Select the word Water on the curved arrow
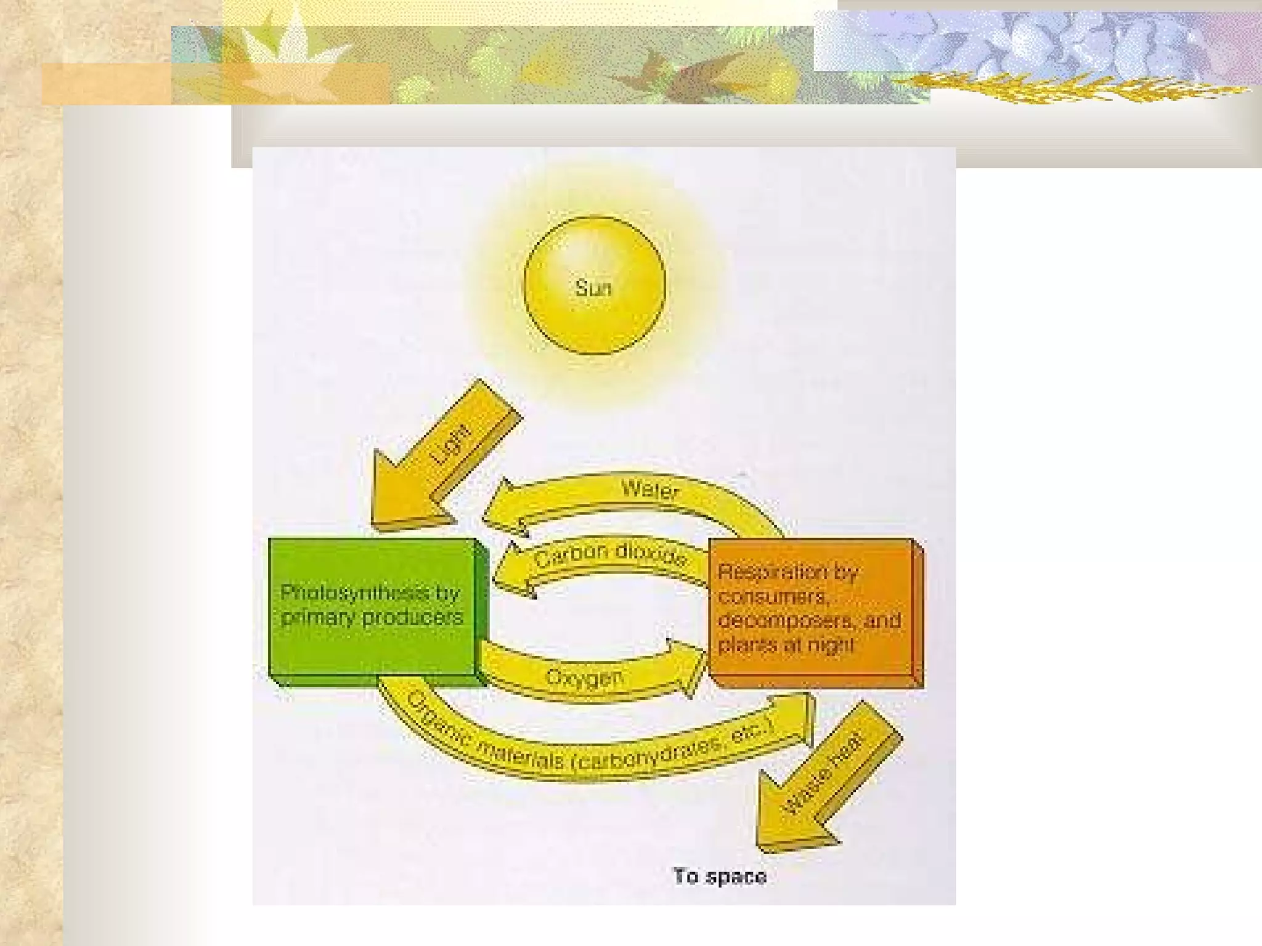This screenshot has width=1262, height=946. pyautogui.click(x=650, y=490)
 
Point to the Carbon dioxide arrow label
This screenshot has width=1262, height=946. pyautogui.click(x=610, y=555)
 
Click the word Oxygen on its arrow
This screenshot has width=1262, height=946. pyautogui.click(x=584, y=677)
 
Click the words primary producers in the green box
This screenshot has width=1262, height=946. pyautogui.click(x=372, y=617)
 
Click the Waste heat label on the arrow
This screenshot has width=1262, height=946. pyautogui.click(x=826, y=774)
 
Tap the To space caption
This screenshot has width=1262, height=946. pyautogui.click(x=720, y=876)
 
